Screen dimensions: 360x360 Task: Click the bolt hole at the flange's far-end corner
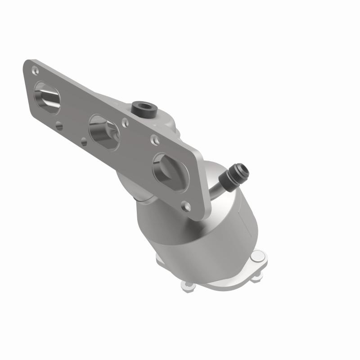click(35, 69)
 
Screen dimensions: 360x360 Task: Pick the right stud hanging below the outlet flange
click(256, 278)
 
